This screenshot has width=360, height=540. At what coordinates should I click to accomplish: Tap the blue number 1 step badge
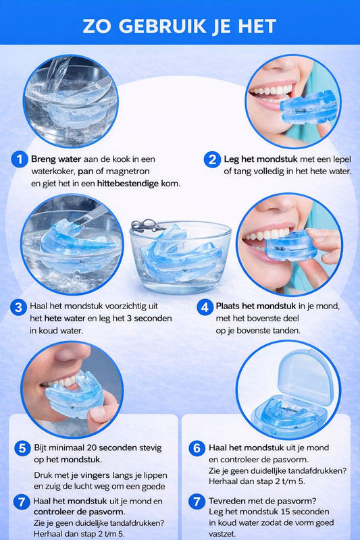coord(20,159)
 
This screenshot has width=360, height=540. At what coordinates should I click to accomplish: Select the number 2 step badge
coord(212,159)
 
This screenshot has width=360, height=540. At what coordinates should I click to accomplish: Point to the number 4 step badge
coord(205,307)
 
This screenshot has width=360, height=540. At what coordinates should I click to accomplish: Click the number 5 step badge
coord(22,448)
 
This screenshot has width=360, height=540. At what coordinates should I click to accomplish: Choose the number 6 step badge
coord(197,448)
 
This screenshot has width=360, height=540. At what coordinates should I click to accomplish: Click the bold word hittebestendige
coord(128,184)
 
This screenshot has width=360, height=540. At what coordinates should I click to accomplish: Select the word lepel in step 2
coord(342,159)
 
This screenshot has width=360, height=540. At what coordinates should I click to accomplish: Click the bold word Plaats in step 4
coord(228,306)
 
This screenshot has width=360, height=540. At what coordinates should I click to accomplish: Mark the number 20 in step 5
coord(91,448)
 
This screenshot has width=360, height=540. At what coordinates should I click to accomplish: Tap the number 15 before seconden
coord(285,512)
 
